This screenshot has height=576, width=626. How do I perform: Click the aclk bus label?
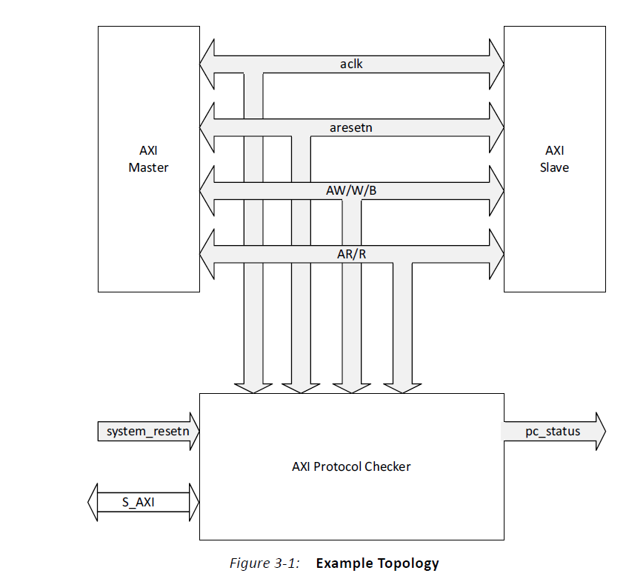click(x=351, y=64)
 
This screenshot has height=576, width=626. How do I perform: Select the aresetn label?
click(x=351, y=127)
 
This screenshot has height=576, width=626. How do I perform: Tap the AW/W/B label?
click(x=351, y=190)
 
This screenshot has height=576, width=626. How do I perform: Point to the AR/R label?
click(x=351, y=254)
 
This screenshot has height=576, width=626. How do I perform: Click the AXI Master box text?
click(x=148, y=159)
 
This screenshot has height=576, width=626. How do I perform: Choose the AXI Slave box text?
click(x=554, y=159)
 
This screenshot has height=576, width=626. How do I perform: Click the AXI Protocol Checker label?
click(x=351, y=466)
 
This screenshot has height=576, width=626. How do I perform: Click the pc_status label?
click(x=553, y=432)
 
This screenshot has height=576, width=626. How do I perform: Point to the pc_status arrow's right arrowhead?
click(x=599, y=432)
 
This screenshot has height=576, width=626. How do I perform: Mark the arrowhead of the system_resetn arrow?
click(x=193, y=432)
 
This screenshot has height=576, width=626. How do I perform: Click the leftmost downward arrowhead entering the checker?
click(x=253, y=386)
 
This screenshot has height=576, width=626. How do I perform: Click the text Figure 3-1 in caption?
click(x=264, y=563)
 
